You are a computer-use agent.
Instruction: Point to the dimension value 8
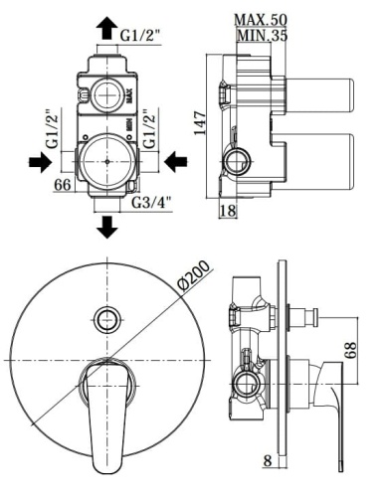tap(268, 460)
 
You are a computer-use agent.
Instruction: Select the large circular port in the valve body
tap(105, 159)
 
